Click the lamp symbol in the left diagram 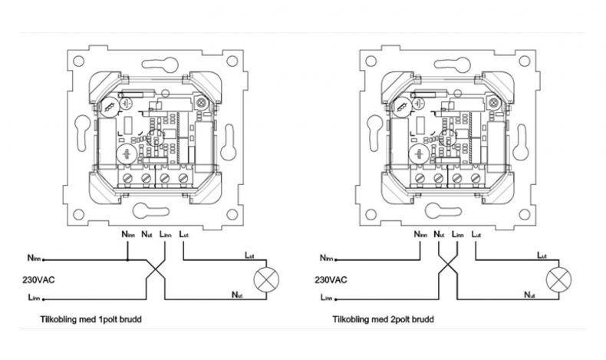[x=266, y=279]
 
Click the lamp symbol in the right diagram [x=559, y=279]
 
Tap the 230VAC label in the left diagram [x=38, y=279]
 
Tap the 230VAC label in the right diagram [x=331, y=279]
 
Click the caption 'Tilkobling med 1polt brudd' [x=91, y=319]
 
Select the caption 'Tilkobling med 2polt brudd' [x=384, y=319]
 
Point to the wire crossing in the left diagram [x=156, y=269]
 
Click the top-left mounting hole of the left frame [x=78, y=61]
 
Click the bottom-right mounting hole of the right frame [x=525, y=214]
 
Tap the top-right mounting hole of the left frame [x=232, y=61]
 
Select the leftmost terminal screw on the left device [x=127, y=178]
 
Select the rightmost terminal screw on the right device [x=476, y=178]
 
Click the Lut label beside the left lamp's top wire [x=249, y=256]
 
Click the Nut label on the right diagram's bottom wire [x=529, y=295]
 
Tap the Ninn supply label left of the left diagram [x=34, y=258]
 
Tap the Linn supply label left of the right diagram [x=327, y=297]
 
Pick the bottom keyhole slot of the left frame [x=151, y=211]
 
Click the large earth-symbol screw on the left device [x=126, y=154]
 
